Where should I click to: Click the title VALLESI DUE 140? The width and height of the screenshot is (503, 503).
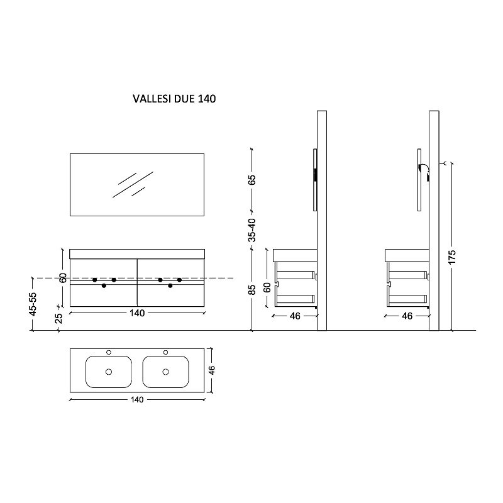174,99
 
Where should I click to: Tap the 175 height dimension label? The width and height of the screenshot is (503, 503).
451,257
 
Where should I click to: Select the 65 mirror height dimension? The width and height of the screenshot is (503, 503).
252,180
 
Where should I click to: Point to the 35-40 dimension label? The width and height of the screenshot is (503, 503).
252,230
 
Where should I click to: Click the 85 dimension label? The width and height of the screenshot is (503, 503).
252,290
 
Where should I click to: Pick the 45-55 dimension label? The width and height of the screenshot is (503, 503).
33,304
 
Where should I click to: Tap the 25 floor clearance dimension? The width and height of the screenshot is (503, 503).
58,318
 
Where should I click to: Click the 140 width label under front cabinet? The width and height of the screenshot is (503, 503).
137,312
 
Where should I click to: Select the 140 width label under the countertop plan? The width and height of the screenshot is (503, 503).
137,400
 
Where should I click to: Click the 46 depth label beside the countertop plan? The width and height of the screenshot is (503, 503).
212,370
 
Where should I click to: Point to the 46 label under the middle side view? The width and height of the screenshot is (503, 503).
295,316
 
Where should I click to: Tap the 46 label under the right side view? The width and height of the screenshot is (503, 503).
407,316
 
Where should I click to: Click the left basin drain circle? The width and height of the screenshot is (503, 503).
109,372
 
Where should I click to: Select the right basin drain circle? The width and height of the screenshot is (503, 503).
165,372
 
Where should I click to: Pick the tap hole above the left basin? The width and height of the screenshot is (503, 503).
109,352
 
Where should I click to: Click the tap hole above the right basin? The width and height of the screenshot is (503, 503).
165,352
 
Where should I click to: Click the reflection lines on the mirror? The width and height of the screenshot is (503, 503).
133,184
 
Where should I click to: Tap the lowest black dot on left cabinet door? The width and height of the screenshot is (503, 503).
104,285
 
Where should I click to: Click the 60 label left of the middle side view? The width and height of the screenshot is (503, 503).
267,287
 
